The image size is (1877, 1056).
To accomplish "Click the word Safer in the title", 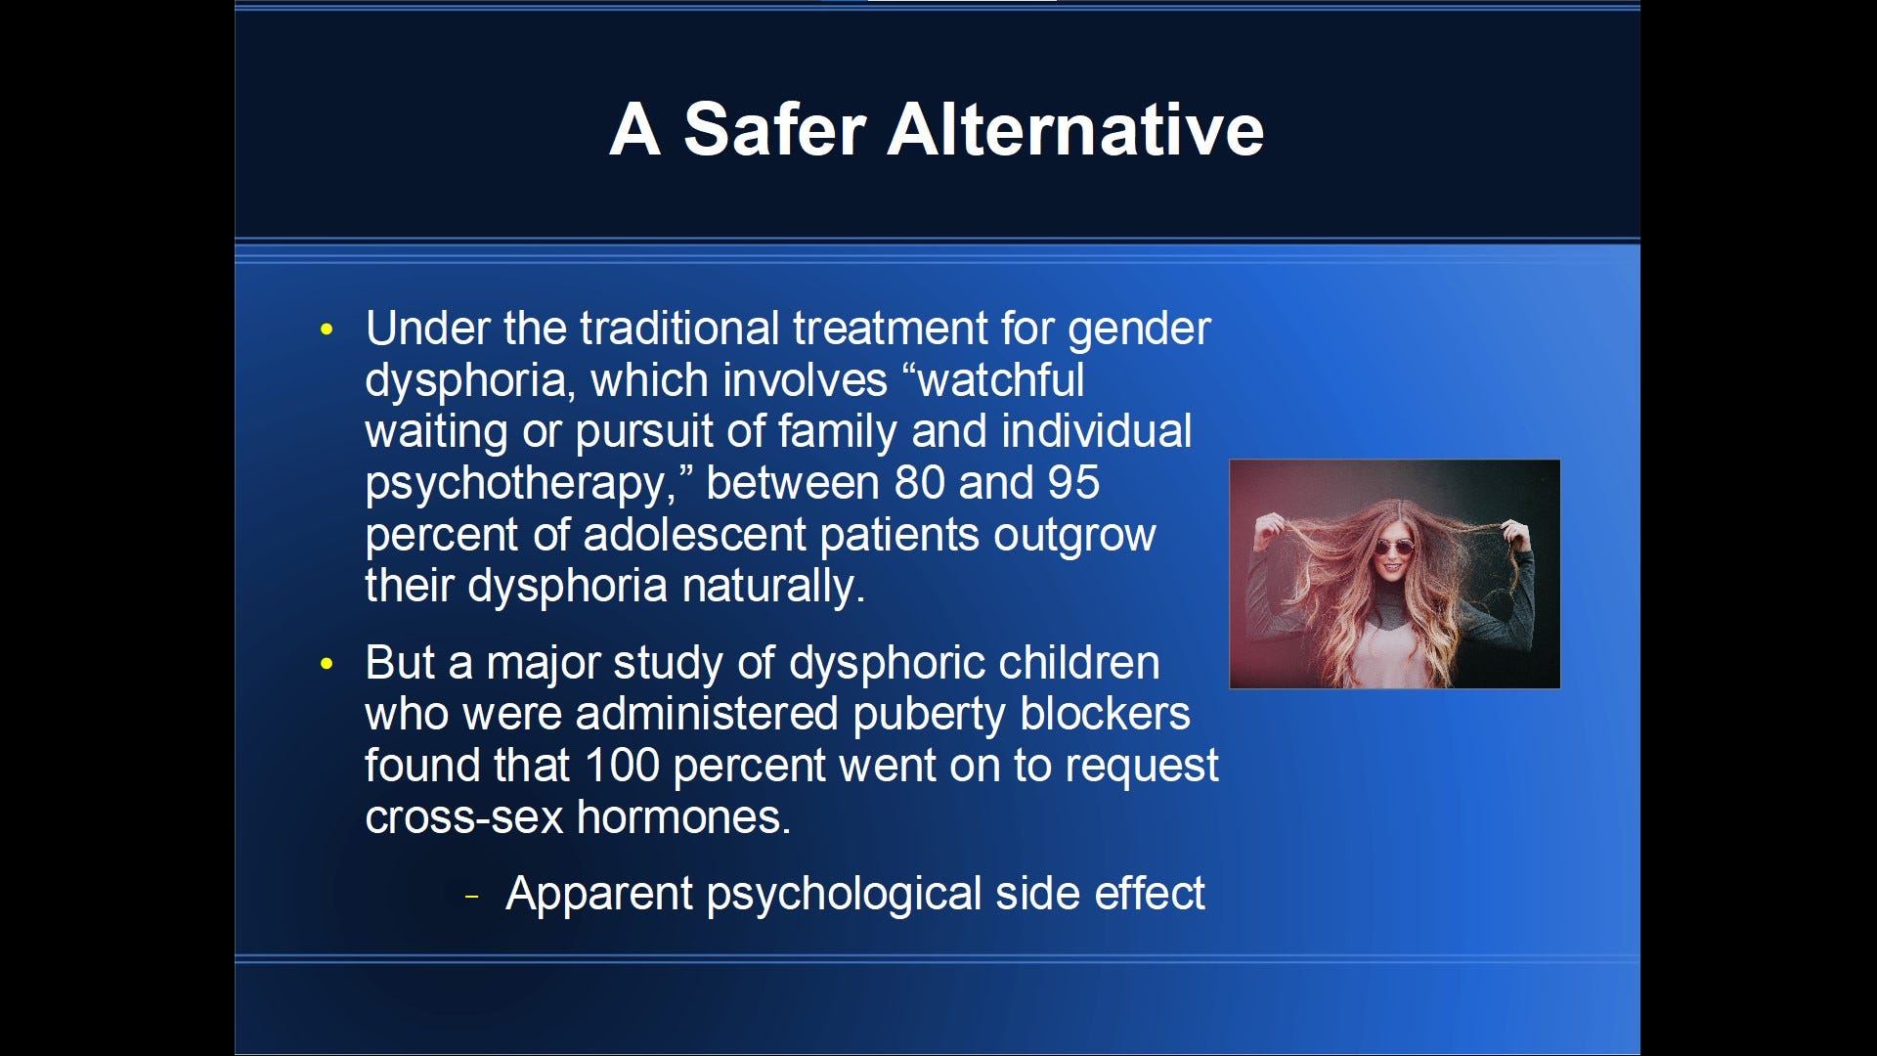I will click(x=774, y=130).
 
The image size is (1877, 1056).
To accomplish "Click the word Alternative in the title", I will click(x=1074, y=130).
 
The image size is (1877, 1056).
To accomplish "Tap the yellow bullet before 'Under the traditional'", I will click(x=327, y=330).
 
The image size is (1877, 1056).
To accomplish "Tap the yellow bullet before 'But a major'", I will click(x=327, y=664).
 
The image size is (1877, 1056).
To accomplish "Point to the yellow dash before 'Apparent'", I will click(x=472, y=896).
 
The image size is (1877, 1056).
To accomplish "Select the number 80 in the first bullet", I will click(x=920, y=483).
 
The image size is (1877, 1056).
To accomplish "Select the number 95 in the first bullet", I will click(x=1073, y=483).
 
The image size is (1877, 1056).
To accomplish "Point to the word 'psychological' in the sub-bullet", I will click(x=844, y=895).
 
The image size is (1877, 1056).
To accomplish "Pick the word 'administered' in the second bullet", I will click(x=707, y=715).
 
